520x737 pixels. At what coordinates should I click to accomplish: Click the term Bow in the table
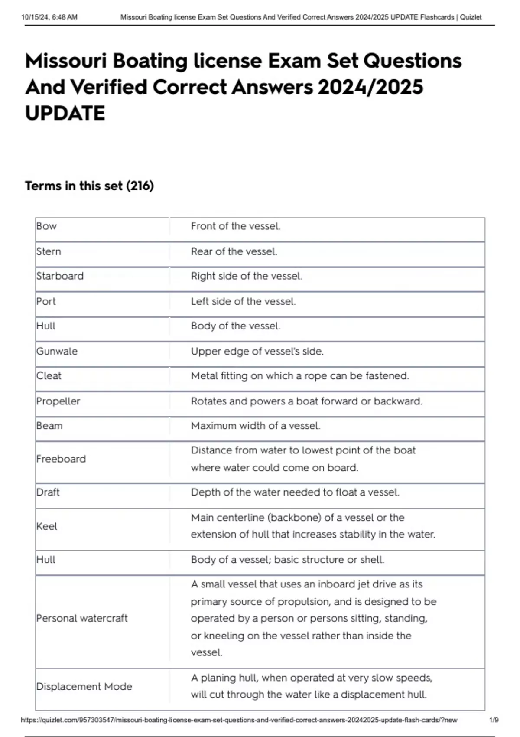coord(46,226)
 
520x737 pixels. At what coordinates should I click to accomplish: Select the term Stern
coord(49,251)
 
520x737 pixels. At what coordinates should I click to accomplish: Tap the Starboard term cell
coord(60,276)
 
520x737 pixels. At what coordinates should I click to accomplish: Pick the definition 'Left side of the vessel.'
coord(243,301)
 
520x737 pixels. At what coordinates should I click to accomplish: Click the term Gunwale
coord(57,351)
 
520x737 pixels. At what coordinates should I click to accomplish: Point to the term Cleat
coord(49,376)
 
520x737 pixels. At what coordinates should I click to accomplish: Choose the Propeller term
coord(58,401)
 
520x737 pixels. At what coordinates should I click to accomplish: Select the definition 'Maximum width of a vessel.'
coord(255,426)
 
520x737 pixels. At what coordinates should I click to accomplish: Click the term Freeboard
coord(61,459)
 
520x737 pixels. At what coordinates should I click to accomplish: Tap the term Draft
coord(48,492)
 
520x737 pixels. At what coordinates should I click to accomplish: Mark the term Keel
coord(46,526)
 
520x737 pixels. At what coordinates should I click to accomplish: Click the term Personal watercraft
coord(82,618)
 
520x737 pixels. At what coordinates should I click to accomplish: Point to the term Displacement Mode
coord(84,686)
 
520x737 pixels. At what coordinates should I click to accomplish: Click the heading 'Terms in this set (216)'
coord(89,186)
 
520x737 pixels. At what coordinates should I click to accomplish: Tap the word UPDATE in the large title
coord(65,114)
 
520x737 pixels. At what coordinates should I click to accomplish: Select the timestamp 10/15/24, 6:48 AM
coord(49,17)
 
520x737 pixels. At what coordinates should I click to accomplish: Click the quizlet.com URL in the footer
coord(239,720)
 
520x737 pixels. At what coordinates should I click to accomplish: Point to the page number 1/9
coord(494,720)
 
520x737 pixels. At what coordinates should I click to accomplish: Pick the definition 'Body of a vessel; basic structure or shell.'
coord(287,560)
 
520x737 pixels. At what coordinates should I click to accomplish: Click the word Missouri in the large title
coord(65,61)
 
